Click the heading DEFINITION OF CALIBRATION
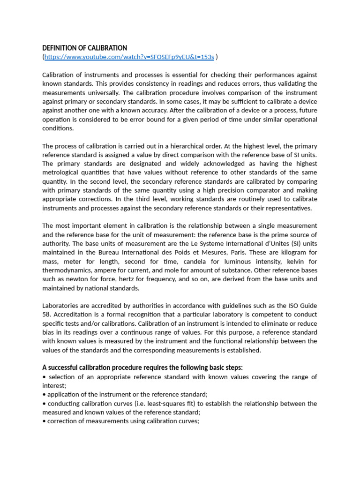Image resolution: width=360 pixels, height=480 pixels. click(84, 48)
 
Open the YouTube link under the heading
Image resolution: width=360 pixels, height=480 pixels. click(129, 57)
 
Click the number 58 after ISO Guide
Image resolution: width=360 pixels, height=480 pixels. click(46, 315)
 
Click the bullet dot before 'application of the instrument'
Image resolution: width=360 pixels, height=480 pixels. click(44, 395)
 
